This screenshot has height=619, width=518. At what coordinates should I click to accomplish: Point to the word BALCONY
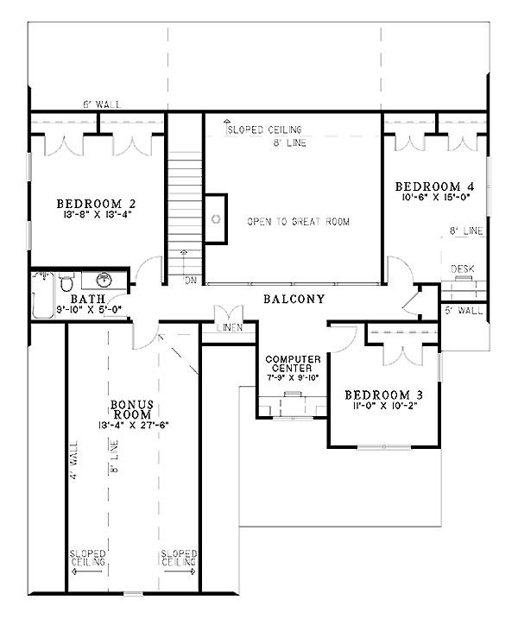coord(294,300)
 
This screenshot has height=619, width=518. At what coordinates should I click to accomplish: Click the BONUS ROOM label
coord(131,408)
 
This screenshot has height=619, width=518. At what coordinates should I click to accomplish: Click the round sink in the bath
coord(104,280)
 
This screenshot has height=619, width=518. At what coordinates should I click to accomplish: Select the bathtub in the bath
coord(42,295)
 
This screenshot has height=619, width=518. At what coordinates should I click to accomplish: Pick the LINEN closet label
coord(230,328)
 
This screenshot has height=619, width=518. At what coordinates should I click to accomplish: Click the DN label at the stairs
coord(190,281)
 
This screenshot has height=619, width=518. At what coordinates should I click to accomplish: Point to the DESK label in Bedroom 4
coord(464,269)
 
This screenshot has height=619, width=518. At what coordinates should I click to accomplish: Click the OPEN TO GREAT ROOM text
coord(298,222)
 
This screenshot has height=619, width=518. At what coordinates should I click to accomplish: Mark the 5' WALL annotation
coord(464,308)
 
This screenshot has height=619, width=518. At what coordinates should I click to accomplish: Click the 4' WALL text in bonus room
coord(75,462)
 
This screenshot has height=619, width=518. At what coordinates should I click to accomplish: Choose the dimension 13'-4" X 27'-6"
coord(131,425)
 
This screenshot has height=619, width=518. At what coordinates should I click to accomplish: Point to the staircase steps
coord(184,199)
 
